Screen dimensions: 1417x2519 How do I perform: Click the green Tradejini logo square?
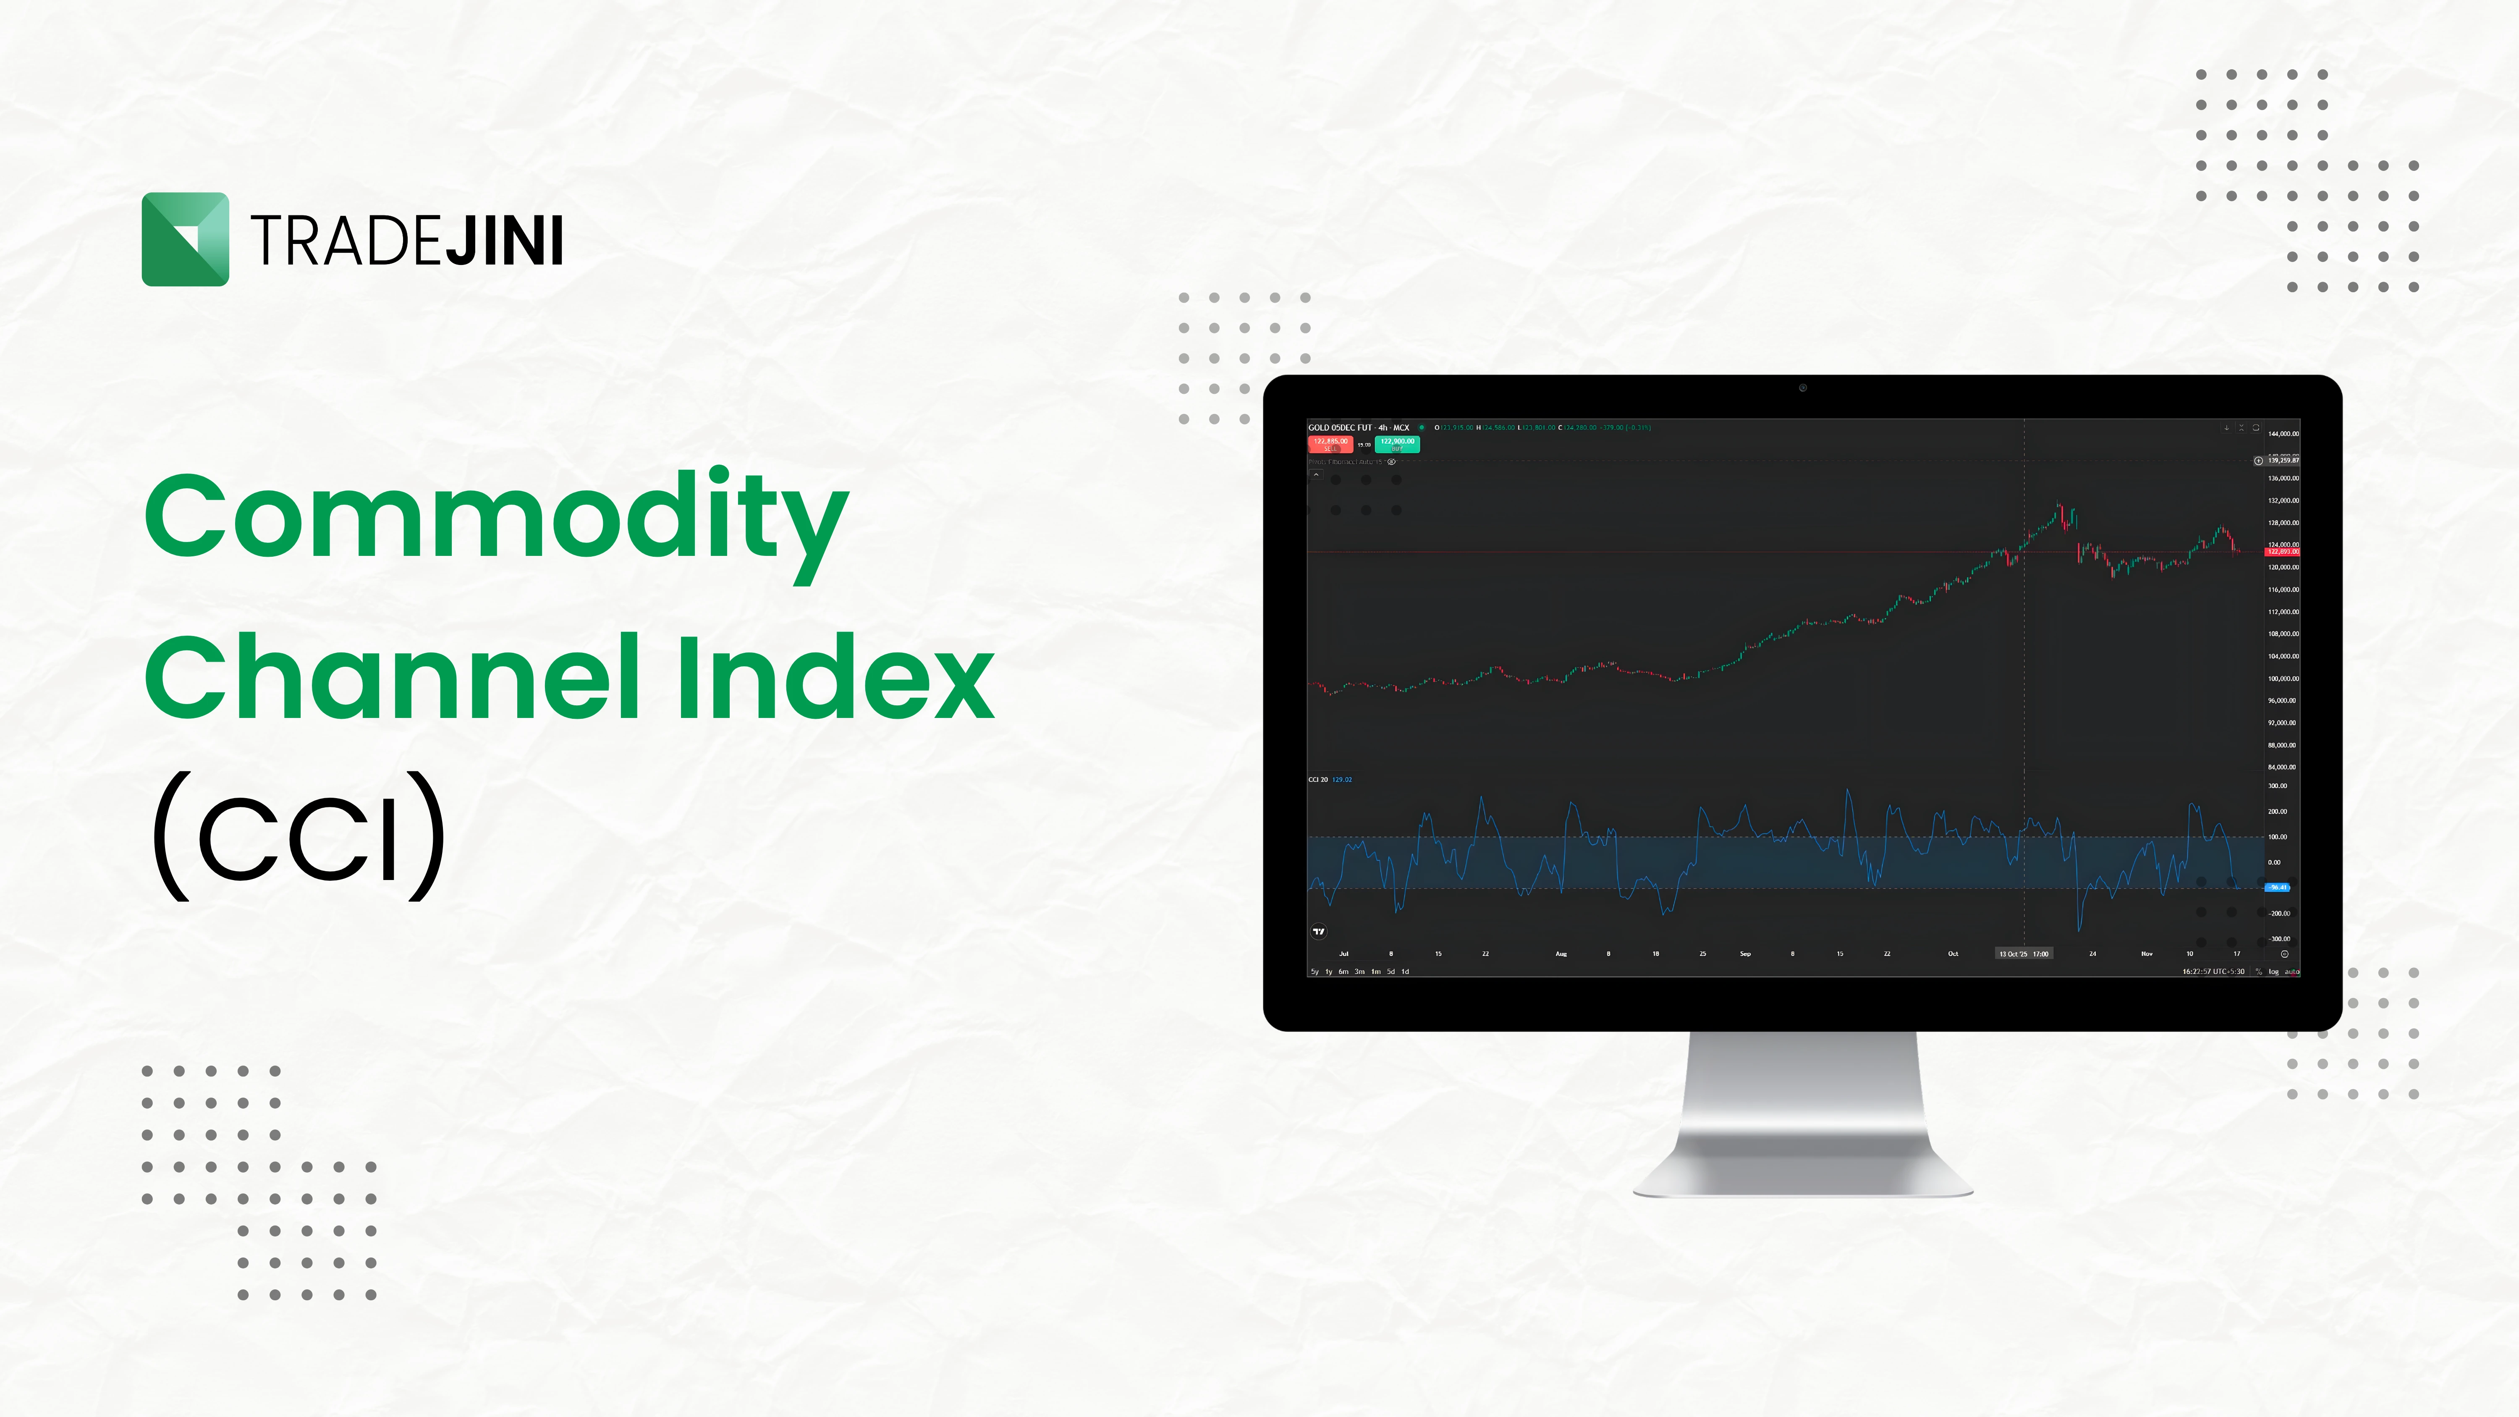[185, 240]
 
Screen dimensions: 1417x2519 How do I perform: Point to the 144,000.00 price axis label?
[2283, 433]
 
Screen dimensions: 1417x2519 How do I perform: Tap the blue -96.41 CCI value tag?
[2278, 887]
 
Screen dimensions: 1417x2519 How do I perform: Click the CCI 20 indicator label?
[1318, 779]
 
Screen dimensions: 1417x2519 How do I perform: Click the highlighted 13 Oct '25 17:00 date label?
[2023, 953]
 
